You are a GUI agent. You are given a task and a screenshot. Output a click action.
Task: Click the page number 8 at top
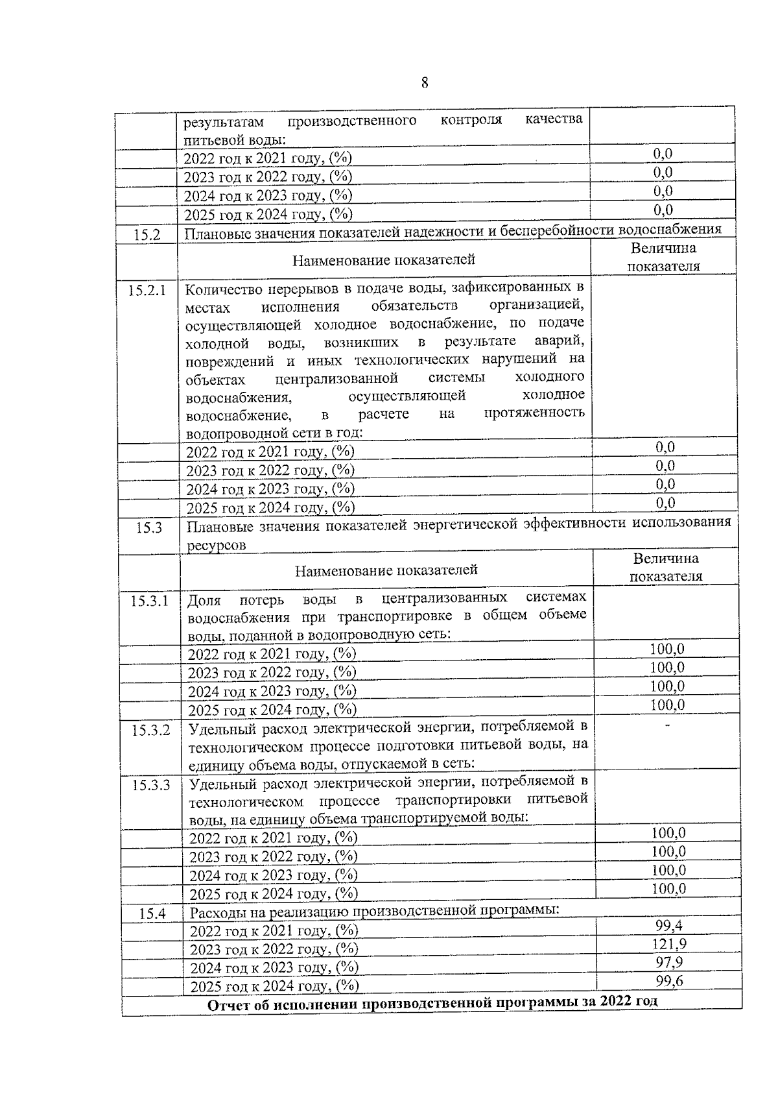point(425,82)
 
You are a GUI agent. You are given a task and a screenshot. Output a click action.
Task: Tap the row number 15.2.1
point(147,290)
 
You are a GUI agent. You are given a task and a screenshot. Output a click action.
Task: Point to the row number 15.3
point(149,527)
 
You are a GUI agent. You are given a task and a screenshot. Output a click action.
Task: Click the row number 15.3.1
point(150,601)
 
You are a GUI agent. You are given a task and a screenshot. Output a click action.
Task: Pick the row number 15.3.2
point(151,731)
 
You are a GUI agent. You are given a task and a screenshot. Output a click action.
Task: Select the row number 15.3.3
point(152,786)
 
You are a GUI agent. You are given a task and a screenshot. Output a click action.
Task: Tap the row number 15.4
point(153,913)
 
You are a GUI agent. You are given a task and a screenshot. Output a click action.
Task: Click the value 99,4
point(669,925)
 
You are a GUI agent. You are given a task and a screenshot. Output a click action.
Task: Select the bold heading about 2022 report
point(432,1002)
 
